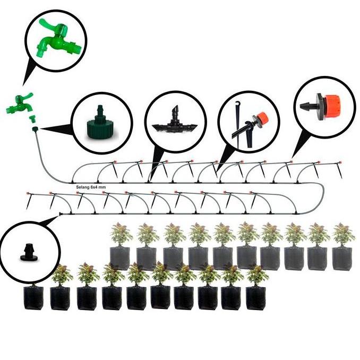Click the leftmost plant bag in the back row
(120, 258)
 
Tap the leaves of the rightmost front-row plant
(256, 274)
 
